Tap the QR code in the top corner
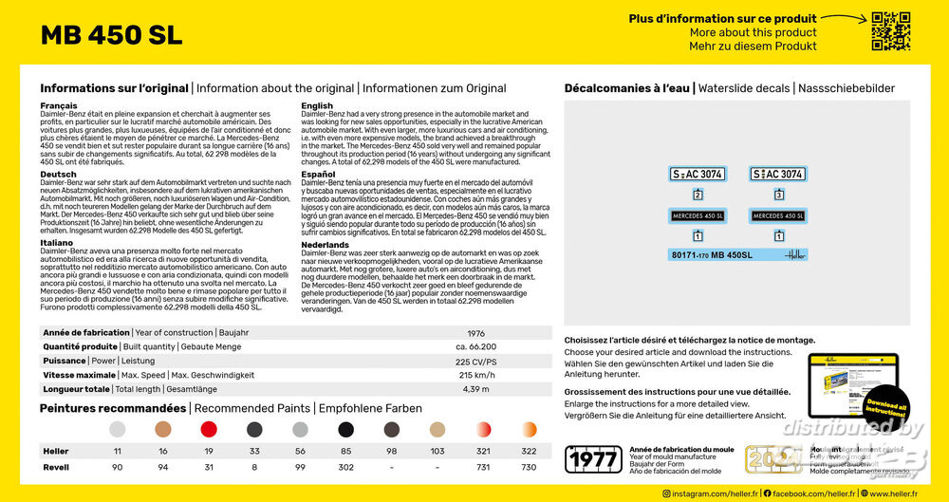click(890, 30)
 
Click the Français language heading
click(58, 105)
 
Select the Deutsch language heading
click(58, 174)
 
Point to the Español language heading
click(320, 175)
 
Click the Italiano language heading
click(57, 242)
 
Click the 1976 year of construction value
click(476, 333)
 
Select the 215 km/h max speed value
click(476, 375)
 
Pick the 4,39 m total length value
click(476, 389)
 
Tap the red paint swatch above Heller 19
click(209, 430)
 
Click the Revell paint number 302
click(345, 467)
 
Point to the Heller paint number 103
click(437, 451)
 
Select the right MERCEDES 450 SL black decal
click(778, 215)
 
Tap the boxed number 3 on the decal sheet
click(778, 195)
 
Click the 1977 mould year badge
click(592, 459)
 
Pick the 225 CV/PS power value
click(476, 361)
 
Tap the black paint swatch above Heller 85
click(345, 430)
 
